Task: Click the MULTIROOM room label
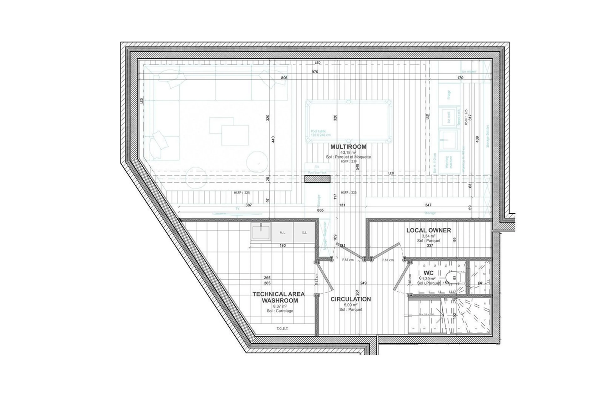pyautogui.click(x=348, y=147)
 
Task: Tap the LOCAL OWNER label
pyautogui.click(x=428, y=230)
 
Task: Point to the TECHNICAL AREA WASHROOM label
pyautogui.click(x=279, y=297)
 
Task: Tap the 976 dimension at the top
pyautogui.click(x=315, y=72)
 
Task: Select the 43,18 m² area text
pyautogui.click(x=348, y=153)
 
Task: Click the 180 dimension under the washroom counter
pyautogui.click(x=283, y=245)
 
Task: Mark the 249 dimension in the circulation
pyautogui.click(x=363, y=283)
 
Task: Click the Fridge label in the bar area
pyautogui.click(x=449, y=94)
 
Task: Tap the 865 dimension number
pyautogui.click(x=320, y=210)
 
